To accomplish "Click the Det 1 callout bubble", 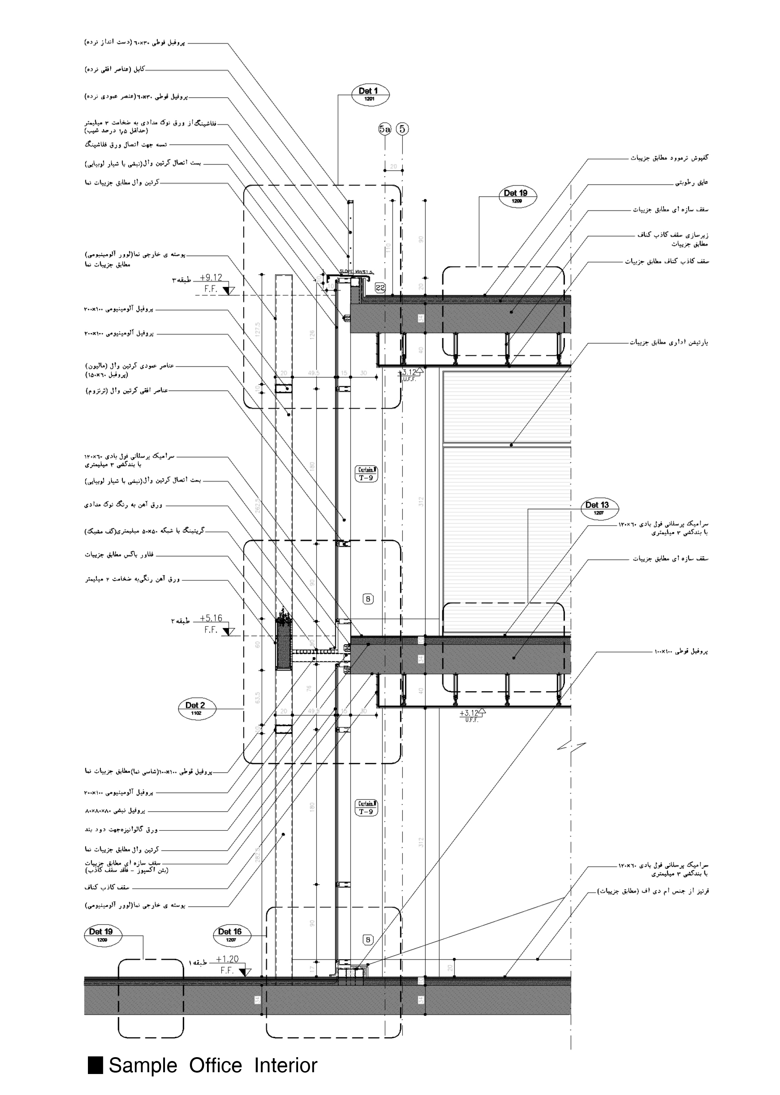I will coord(370,94).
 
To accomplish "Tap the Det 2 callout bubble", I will coord(196,708).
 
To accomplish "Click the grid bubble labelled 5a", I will coord(385,129).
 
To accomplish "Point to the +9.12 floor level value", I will coord(211,277).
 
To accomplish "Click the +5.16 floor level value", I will coord(211,618).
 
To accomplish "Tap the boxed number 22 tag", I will coord(380,288).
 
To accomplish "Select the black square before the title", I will coord(96,1065).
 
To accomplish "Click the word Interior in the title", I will coord(286,1065).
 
